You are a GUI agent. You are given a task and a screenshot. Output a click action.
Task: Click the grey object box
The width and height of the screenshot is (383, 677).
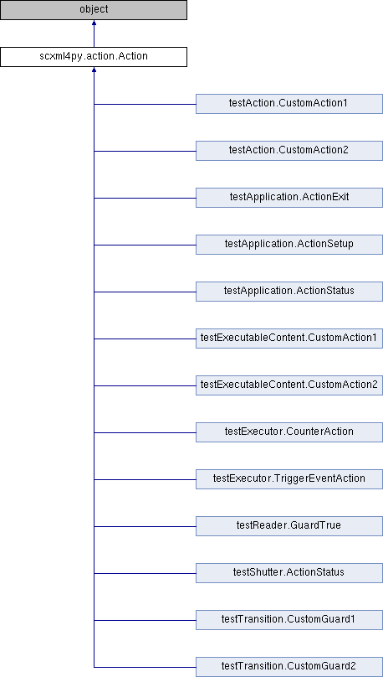point(94,10)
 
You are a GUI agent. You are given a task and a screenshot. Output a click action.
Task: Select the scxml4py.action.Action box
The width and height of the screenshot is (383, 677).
point(94,57)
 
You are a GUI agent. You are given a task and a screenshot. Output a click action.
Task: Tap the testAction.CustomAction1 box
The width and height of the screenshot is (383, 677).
point(289,104)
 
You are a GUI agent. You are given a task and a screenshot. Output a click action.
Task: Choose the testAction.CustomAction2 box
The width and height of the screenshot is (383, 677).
point(289,151)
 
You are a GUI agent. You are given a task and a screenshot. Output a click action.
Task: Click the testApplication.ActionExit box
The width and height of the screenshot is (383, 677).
point(289,198)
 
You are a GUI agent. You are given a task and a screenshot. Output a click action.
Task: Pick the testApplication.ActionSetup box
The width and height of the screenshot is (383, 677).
point(289,245)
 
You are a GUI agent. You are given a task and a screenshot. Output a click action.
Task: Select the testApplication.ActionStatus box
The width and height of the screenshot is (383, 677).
point(289,292)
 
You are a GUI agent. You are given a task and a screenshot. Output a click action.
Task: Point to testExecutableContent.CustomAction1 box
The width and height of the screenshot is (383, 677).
point(289,338)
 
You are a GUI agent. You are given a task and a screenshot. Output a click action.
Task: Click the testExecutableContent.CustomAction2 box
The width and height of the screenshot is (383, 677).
point(289,385)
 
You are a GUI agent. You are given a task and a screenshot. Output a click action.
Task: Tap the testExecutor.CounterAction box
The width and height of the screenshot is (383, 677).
point(289,432)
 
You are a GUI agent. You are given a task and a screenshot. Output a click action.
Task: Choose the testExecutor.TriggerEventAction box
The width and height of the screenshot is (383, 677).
point(289,479)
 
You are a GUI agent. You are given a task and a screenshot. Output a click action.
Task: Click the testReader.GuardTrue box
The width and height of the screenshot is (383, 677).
point(289,526)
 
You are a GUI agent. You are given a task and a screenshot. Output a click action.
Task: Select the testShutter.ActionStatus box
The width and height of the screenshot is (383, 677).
point(289,573)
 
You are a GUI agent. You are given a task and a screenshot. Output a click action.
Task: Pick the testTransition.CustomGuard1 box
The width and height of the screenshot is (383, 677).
point(289,620)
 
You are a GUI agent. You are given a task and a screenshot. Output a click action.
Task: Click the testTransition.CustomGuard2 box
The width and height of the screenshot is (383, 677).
point(289,667)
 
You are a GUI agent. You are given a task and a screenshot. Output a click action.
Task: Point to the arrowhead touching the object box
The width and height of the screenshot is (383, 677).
point(94,23)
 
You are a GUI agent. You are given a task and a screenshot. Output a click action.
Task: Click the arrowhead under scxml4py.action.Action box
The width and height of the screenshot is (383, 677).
point(94,70)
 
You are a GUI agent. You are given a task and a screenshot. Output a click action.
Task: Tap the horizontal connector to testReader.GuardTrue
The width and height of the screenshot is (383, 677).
point(145,526)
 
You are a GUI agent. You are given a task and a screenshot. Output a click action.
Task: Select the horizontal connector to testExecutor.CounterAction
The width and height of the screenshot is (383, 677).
point(145,432)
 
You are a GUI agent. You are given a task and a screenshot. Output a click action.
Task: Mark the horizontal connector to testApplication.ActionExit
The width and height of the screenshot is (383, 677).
point(145,199)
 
